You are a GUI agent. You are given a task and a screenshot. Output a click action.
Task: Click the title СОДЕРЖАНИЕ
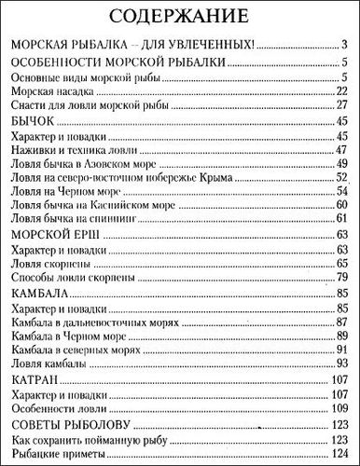coord(180,16)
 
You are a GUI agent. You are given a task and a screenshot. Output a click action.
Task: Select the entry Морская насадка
coord(48,91)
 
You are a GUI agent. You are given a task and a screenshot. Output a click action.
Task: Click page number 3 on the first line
coord(344,44)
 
